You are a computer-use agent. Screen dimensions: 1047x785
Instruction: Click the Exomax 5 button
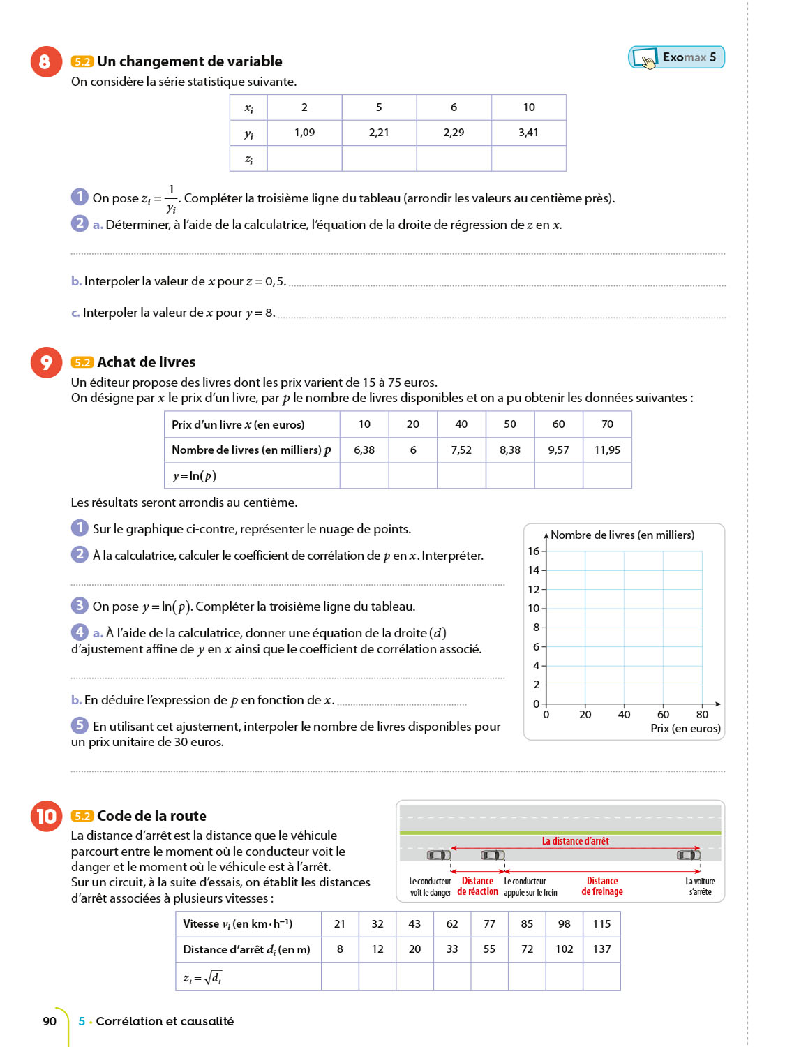click(676, 57)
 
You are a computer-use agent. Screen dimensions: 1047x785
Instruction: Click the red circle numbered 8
click(46, 61)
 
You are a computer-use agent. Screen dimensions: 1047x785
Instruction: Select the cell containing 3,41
click(528, 133)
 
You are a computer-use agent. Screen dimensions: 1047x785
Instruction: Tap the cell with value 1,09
click(304, 133)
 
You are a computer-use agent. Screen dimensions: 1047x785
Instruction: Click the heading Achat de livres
click(146, 362)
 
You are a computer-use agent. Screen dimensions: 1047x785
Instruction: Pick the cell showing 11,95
click(607, 450)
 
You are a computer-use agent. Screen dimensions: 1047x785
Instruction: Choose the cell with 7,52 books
click(461, 450)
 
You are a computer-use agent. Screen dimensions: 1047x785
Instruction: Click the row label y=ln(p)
click(195, 476)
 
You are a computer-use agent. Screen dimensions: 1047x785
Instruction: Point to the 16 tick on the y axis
click(534, 551)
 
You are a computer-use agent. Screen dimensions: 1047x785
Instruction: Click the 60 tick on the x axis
click(663, 714)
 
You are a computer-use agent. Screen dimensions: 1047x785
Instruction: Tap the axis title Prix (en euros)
click(685, 728)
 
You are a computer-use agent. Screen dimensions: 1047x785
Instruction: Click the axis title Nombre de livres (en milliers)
click(622, 535)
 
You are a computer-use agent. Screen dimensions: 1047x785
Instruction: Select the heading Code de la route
click(151, 816)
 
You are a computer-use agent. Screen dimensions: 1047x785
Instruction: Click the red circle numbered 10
click(46, 816)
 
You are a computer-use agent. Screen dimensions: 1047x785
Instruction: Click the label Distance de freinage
click(602, 886)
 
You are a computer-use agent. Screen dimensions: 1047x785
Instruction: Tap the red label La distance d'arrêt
click(575, 841)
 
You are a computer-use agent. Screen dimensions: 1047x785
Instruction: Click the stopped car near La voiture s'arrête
click(689, 855)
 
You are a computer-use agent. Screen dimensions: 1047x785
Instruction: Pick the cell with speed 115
click(601, 924)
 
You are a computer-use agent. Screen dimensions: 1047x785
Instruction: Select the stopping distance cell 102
click(564, 949)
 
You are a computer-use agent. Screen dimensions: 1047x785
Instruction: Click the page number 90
click(50, 1021)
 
